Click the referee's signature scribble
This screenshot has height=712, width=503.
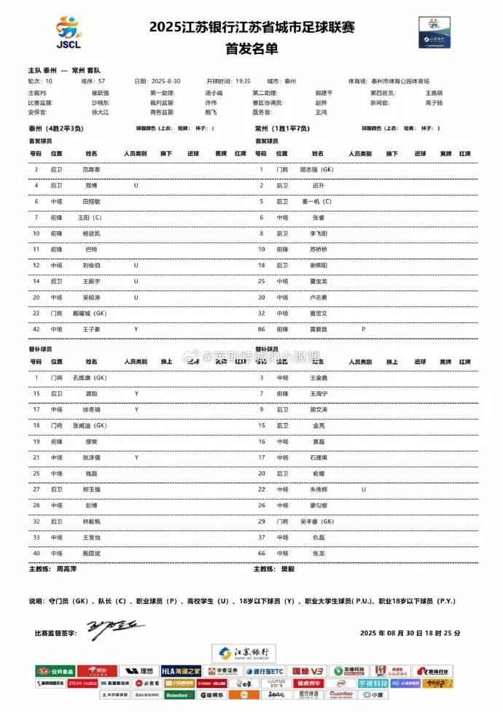(x=117, y=626)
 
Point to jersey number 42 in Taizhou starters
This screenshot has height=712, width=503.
(x=36, y=329)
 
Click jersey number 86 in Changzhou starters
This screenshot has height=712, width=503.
(x=261, y=329)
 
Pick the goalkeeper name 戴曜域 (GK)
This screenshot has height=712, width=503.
(x=90, y=313)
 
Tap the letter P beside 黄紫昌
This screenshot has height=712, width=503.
(x=363, y=329)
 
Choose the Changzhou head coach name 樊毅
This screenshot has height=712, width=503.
(x=289, y=569)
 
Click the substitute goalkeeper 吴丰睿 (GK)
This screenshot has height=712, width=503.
(x=317, y=522)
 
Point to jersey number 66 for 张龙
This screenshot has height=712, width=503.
(x=261, y=554)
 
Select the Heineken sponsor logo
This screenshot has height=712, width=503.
(x=179, y=695)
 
